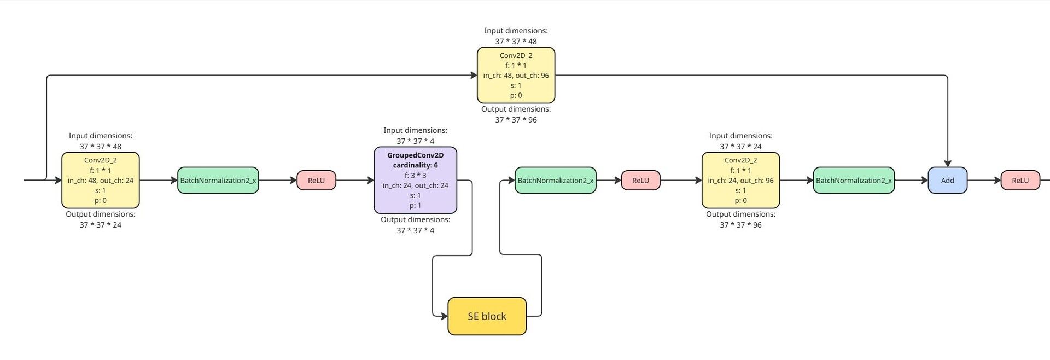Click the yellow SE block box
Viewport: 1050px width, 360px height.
(x=487, y=316)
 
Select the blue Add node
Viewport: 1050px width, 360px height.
(x=947, y=181)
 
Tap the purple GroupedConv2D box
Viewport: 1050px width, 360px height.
(x=415, y=181)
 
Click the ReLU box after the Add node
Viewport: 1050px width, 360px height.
(x=1020, y=181)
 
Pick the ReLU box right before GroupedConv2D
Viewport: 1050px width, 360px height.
(x=316, y=181)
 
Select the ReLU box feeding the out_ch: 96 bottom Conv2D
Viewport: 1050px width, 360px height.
(x=640, y=181)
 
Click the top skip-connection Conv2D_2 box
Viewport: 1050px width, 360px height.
(x=516, y=75)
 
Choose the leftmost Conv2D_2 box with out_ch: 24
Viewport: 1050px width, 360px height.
(x=100, y=181)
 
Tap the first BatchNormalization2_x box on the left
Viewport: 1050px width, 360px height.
(x=218, y=181)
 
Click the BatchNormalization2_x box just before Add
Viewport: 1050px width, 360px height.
(x=854, y=181)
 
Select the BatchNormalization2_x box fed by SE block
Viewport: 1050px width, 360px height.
(x=555, y=181)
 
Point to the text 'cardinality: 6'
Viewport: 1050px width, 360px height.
(x=415, y=165)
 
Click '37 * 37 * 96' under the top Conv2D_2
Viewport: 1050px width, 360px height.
(x=516, y=120)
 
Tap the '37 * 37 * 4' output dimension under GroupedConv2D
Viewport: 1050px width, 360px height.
(x=415, y=230)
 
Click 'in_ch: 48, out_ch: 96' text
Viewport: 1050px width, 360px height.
(x=516, y=76)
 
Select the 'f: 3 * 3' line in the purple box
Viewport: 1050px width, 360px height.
(x=415, y=176)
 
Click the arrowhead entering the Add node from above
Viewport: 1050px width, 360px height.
(x=947, y=163)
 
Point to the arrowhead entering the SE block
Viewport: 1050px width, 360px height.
(x=444, y=316)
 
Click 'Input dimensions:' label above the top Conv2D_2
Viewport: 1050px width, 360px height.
(x=516, y=31)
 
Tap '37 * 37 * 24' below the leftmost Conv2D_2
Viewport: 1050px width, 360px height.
(x=100, y=225)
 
